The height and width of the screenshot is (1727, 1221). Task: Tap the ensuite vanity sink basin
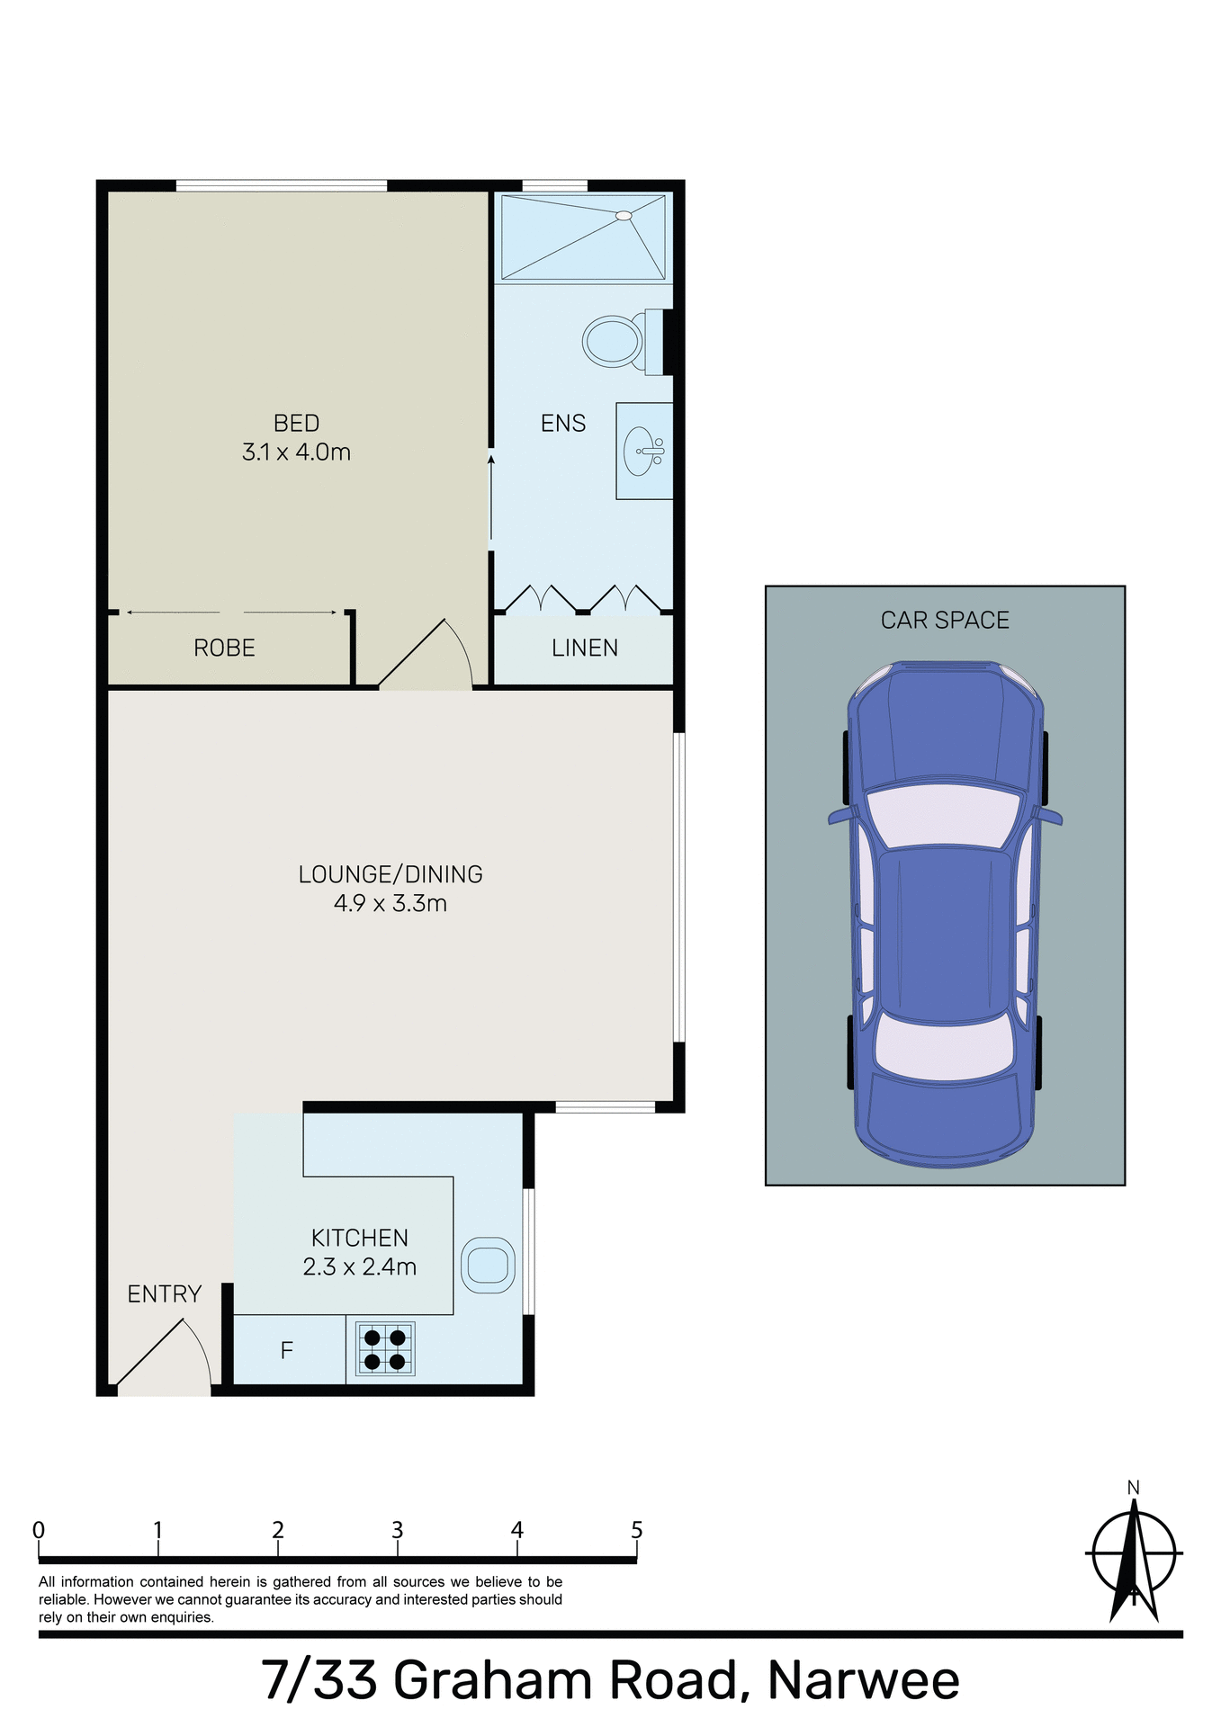(x=641, y=451)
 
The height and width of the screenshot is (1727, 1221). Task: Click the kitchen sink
(x=488, y=1266)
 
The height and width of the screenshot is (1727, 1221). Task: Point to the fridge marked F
(x=287, y=1350)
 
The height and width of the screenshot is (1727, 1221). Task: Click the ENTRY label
(x=164, y=1294)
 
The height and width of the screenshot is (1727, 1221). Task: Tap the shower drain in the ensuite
(x=623, y=216)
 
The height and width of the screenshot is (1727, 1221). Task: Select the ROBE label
(x=224, y=649)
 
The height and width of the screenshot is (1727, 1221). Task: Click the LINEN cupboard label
(x=584, y=649)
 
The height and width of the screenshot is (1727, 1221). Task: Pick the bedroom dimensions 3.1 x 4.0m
(x=296, y=452)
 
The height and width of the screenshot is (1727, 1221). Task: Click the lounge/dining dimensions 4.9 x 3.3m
(x=390, y=904)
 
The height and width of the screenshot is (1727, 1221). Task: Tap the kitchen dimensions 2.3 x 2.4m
(x=359, y=1267)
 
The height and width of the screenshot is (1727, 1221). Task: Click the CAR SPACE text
(x=945, y=621)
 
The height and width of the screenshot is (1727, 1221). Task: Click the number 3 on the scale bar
(x=397, y=1530)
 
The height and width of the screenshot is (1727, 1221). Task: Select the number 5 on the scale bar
(x=637, y=1530)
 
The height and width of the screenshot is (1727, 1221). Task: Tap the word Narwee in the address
(x=863, y=1680)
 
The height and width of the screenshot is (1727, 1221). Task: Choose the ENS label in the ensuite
(x=563, y=424)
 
